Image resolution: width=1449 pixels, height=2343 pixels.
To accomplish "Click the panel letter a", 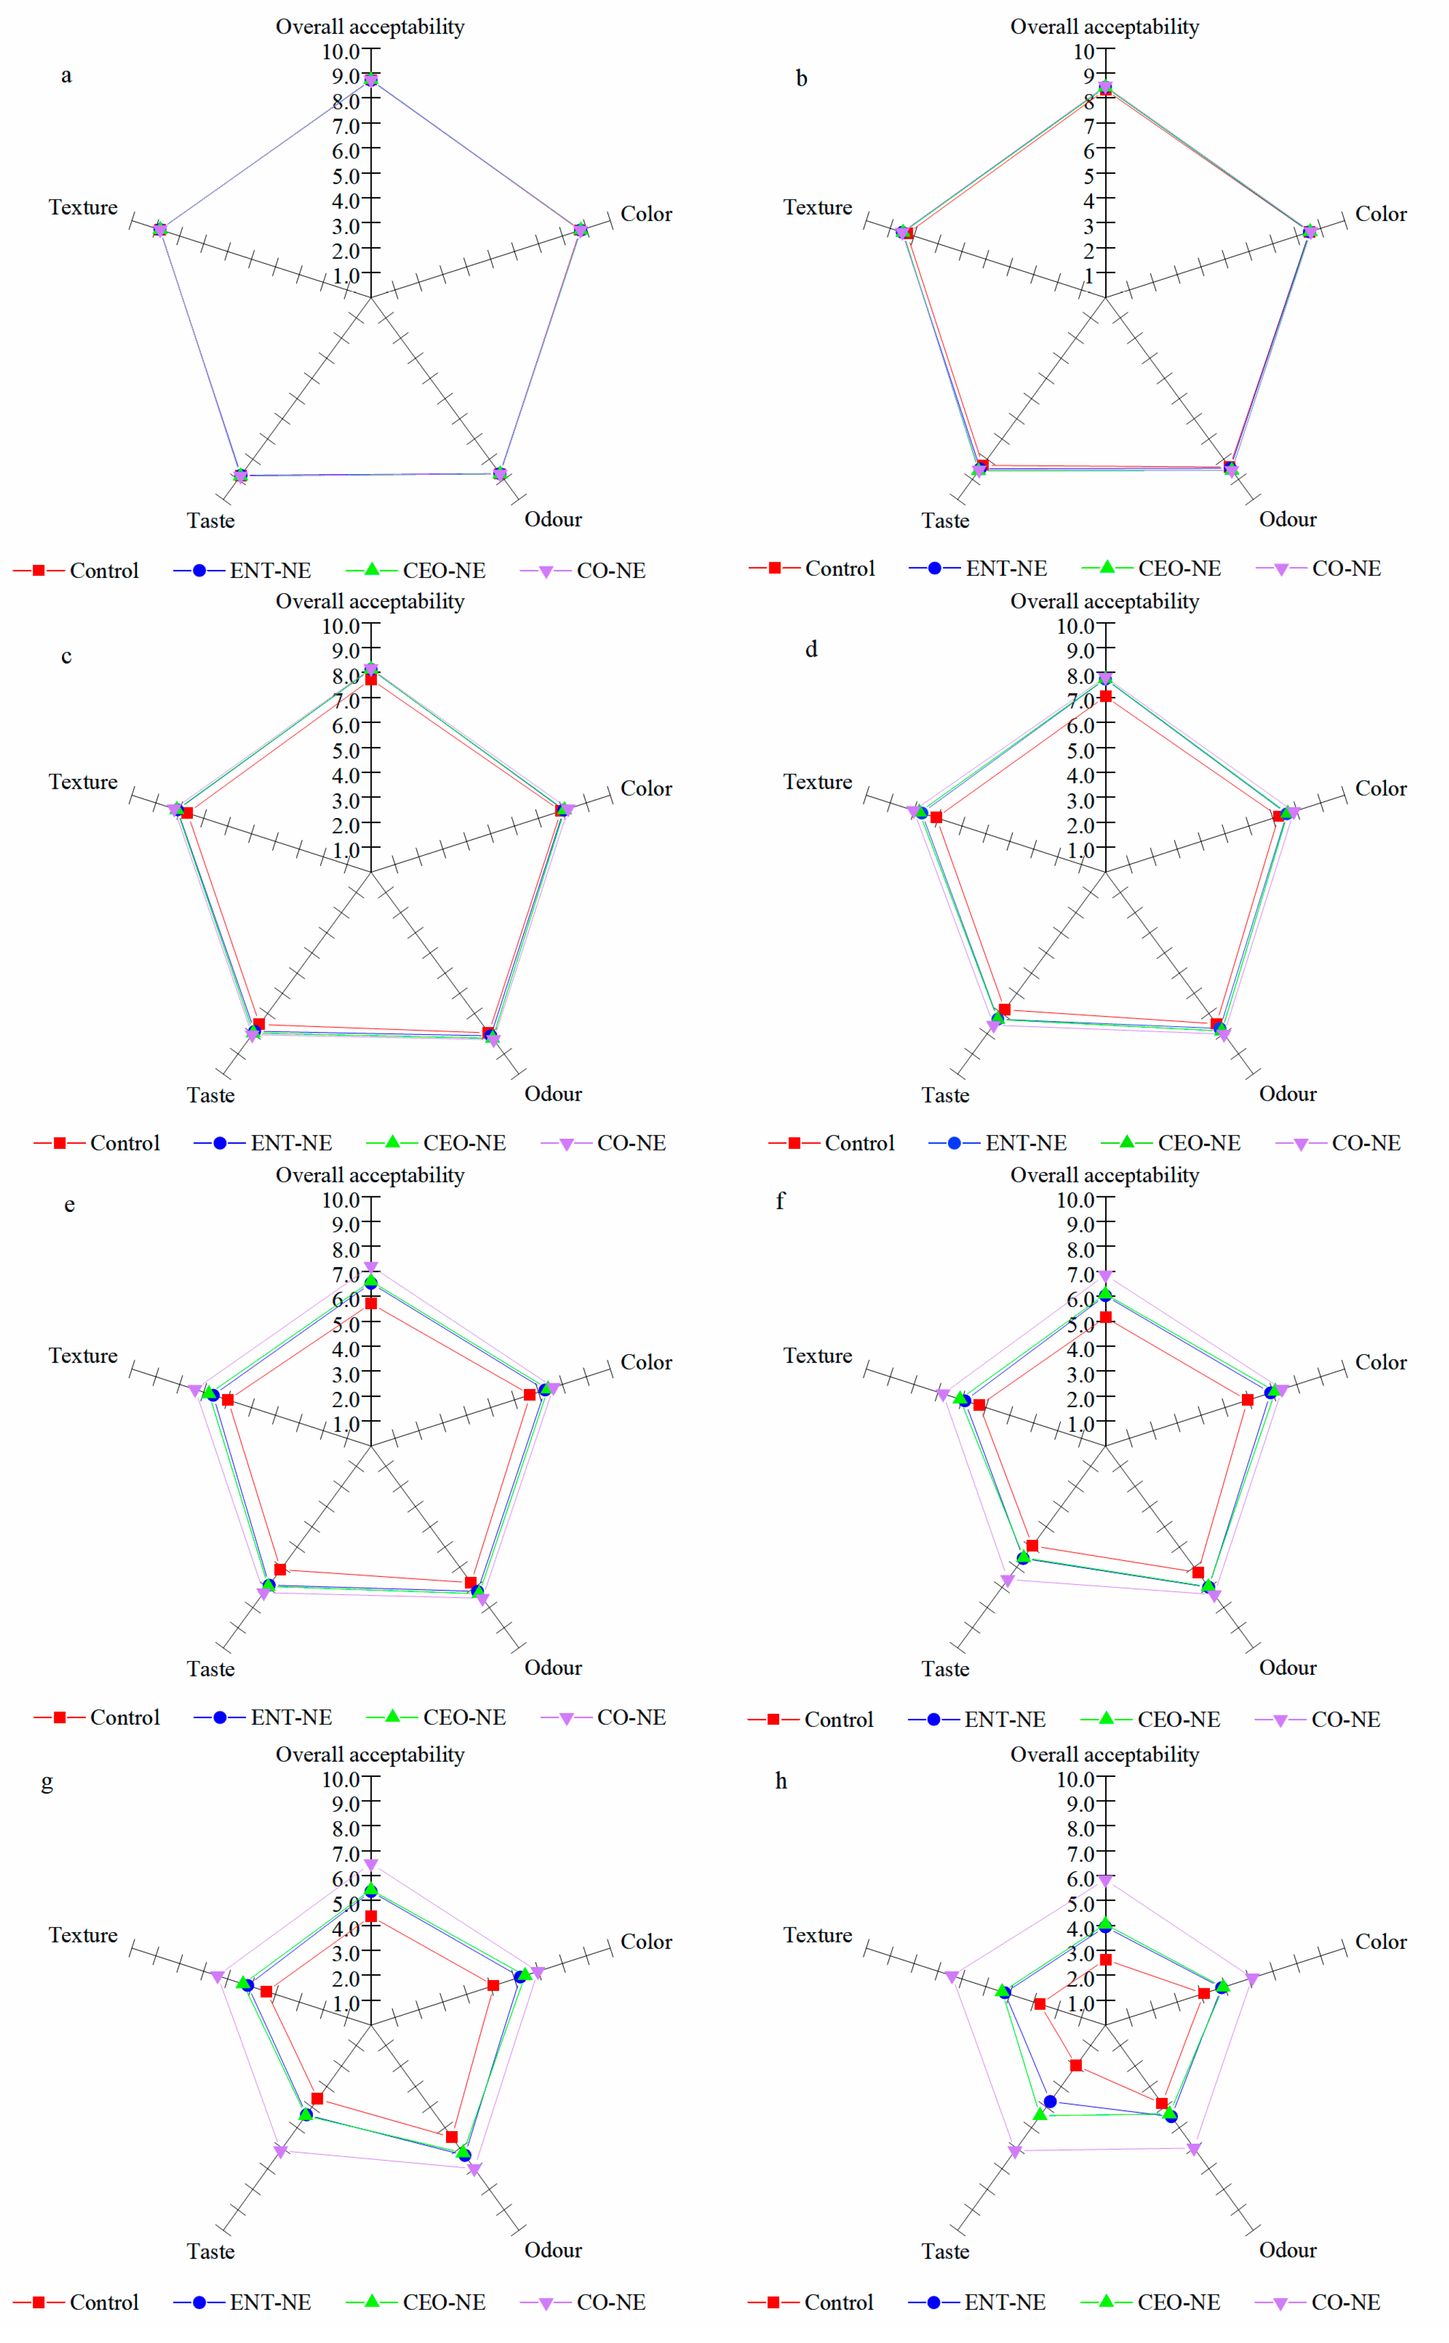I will (66, 76).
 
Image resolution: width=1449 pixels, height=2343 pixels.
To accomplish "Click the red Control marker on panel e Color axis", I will (530, 1395).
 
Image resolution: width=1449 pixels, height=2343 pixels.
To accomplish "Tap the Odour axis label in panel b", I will (1287, 519).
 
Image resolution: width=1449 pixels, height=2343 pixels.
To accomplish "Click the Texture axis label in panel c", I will (83, 782).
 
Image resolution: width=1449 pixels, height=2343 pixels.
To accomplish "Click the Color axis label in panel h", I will (1380, 1942).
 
